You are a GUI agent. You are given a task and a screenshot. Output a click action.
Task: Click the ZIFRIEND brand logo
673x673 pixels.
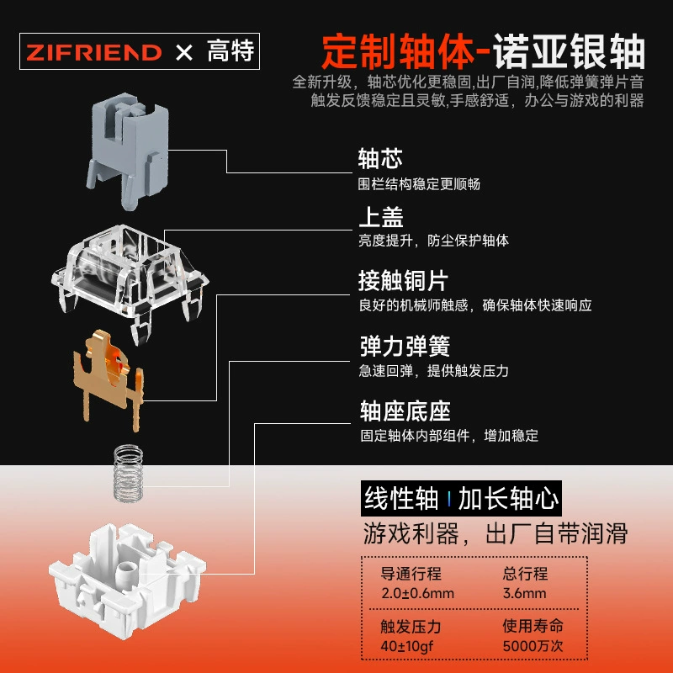pyautogui.click(x=94, y=52)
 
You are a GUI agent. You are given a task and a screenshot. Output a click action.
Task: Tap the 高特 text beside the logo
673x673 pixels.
pyautogui.click(x=231, y=51)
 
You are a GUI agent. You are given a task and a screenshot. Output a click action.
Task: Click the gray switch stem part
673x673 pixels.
pyautogui.click(x=128, y=151)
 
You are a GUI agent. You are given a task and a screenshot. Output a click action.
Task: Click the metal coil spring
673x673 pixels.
pyautogui.click(x=128, y=473)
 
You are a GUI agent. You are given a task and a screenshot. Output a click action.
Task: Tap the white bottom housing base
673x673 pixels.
pyautogui.click(x=128, y=580)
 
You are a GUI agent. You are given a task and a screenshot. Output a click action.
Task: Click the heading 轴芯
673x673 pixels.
pyautogui.click(x=380, y=158)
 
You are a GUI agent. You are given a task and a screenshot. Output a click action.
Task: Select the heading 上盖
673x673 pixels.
pyautogui.click(x=381, y=217)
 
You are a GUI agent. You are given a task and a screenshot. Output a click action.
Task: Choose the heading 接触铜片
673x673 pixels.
pyautogui.click(x=404, y=281)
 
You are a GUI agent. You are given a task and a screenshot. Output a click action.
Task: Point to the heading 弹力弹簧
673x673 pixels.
pyautogui.click(x=405, y=346)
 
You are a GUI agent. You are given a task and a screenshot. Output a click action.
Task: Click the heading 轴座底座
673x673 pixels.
pyautogui.click(x=405, y=411)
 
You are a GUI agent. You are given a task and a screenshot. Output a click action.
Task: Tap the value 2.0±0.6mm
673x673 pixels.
pyautogui.click(x=417, y=593)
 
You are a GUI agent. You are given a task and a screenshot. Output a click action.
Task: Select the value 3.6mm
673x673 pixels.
pyautogui.click(x=524, y=593)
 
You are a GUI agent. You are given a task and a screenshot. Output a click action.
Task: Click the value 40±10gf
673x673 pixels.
pyautogui.click(x=407, y=646)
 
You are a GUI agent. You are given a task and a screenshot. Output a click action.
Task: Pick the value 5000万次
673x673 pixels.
pyautogui.click(x=533, y=645)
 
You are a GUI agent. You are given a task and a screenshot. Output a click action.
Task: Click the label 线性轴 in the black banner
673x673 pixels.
pyautogui.click(x=401, y=498)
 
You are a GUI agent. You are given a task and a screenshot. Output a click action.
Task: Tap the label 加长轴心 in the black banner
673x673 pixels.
pyautogui.click(x=509, y=498)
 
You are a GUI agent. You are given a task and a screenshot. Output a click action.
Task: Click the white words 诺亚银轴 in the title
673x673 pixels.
pyautogui.click(x=569, y=51)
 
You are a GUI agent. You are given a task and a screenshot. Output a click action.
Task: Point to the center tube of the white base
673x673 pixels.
pyautogui.click(x=127, y=575)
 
